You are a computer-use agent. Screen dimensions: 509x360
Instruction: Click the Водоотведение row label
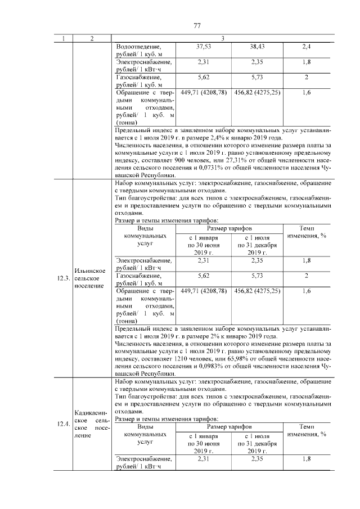tap(138, 46)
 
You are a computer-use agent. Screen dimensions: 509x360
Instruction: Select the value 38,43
tap(256, 46)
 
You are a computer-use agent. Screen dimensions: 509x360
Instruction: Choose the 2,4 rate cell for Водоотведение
tap(306, 46)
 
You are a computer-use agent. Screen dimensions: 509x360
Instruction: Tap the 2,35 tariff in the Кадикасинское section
tap(256, 459)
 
